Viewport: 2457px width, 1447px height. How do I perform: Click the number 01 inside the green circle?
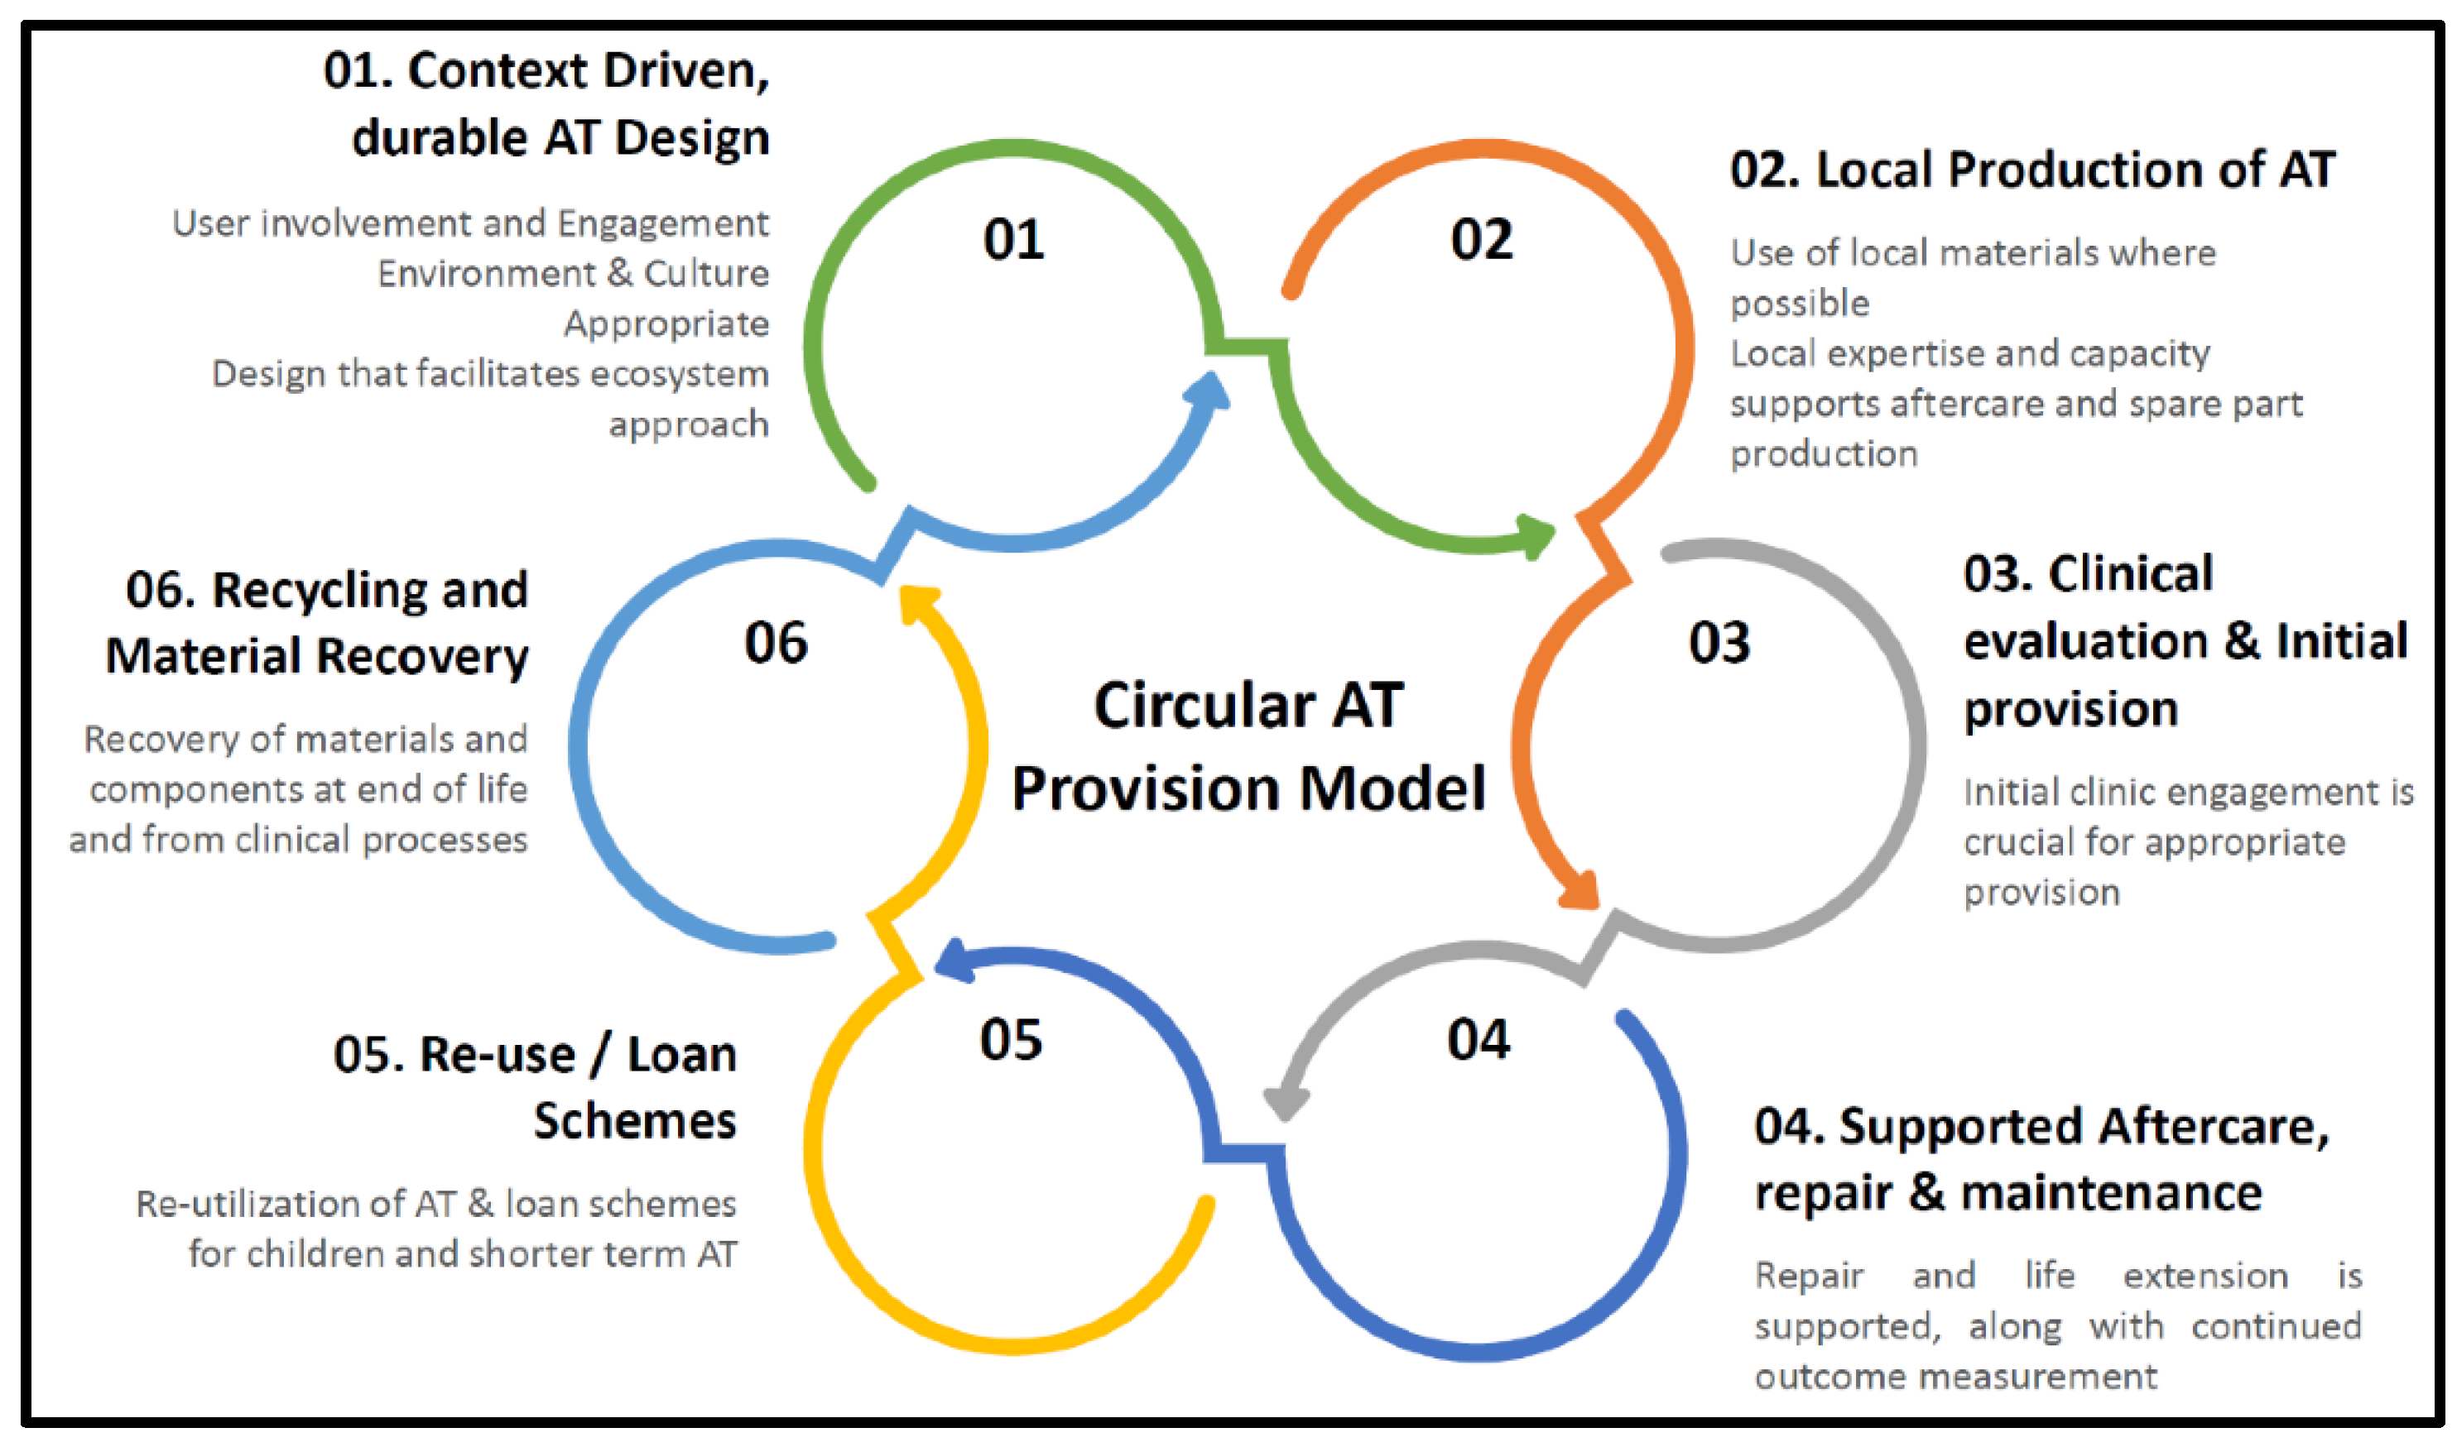(x=1013, y=240)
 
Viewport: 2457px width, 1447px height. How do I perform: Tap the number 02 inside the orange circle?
(x=1481, y=240)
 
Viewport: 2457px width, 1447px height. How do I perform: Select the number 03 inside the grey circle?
(x=1719, y=644)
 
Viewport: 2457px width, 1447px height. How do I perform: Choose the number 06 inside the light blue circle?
(x=777, y=644)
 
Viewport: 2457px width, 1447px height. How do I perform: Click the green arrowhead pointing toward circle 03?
(x=1536, y=536)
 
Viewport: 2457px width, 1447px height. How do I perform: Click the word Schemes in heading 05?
(x=635, y=1121)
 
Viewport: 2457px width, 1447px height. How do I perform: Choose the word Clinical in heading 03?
(x=2130, y=574)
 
